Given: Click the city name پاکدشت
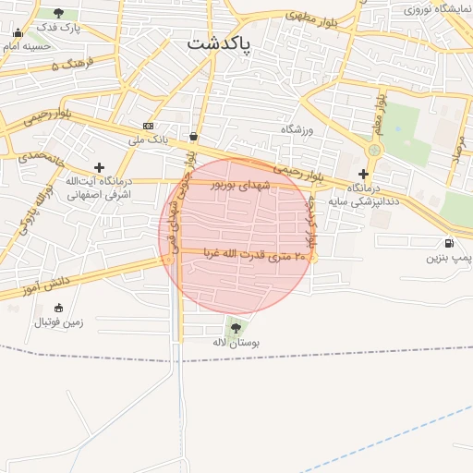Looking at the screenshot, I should [x=219, y=43].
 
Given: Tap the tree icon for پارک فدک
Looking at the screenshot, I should [x=60, y=13].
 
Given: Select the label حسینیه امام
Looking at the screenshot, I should [x=27, y=44].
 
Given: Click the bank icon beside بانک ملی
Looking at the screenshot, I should [x=148, y=126].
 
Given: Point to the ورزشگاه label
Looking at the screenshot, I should [x=297, y=130].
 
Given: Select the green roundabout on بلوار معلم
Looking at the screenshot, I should [x=374, y=150].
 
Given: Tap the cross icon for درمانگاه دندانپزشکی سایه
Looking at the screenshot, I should [x=364, y=173].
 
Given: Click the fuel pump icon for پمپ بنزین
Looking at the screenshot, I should [x=449, y=242].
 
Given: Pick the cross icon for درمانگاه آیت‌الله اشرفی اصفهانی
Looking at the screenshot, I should [x=100, y=167].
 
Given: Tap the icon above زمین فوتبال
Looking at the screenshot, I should [x=59, y=308].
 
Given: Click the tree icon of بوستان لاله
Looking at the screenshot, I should [x=236, y=327].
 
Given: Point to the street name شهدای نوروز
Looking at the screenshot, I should [x=243, y=185].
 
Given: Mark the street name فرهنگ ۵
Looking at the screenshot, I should [x=68, y=64].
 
